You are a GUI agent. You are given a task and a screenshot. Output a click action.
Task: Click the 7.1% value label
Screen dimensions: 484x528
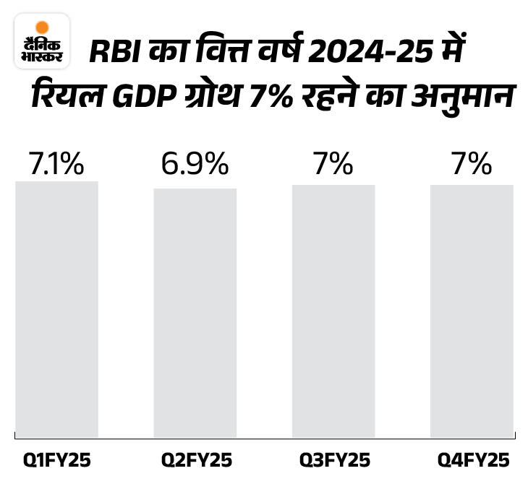56,165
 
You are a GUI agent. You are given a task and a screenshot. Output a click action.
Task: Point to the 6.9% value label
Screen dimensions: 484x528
195,165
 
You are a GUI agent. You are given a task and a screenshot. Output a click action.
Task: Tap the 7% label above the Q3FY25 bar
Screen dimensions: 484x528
333,165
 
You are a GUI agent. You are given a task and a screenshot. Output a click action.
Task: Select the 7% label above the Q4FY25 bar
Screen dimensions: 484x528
472,165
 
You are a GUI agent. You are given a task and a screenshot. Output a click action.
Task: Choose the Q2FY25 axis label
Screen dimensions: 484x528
195,460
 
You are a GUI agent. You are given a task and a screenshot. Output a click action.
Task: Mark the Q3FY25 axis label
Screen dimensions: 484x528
334,460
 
